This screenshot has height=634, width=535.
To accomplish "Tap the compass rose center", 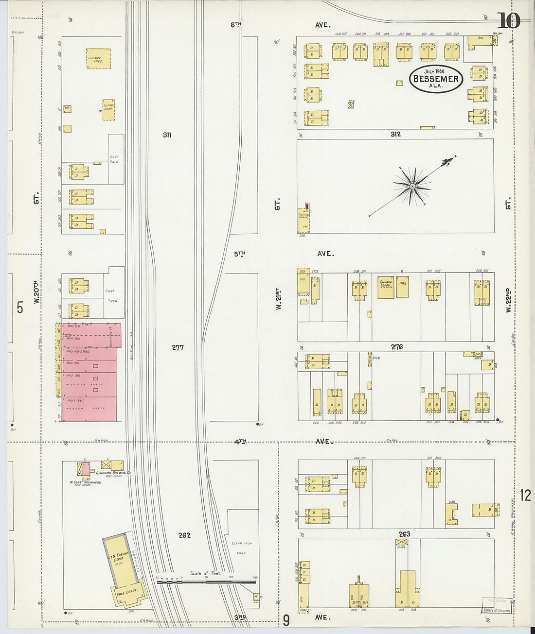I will click(412, 186).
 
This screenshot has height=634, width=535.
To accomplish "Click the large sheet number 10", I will click(509, 21).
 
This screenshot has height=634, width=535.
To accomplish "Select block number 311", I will click(167, 135).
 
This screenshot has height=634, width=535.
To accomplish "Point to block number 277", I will click(178, 347).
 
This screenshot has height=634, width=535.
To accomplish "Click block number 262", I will click(184, 535).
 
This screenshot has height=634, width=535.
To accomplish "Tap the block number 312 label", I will click(395, 134).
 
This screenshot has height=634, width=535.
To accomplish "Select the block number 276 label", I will click(397, 347).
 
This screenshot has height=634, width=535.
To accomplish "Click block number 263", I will click(404, 534).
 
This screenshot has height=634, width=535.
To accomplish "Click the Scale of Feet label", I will click(206, 573).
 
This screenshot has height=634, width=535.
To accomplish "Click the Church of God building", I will click(386, 287).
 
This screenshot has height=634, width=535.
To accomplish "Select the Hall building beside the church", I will click(402, 286).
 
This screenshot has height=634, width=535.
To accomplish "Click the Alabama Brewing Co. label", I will click(113, 473).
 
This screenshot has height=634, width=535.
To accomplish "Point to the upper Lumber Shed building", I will click(98, 59).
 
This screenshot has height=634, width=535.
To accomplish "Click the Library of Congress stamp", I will click(496, 610).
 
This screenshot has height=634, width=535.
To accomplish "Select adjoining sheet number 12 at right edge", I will click(525, 495).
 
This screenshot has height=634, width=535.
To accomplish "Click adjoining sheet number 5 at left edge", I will click(20, 308).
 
